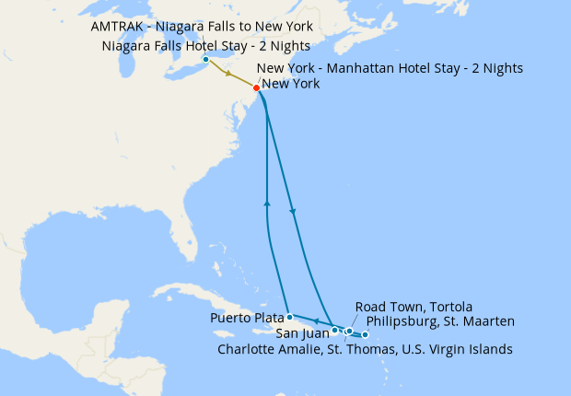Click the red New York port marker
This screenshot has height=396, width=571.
256,87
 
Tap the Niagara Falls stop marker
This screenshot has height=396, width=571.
205,61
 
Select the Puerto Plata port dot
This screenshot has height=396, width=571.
289,317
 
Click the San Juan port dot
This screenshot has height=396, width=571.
334,329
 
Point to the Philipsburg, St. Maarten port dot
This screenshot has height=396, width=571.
366,334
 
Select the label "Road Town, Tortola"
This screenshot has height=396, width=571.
414,307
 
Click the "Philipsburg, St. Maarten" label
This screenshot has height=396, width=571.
440,321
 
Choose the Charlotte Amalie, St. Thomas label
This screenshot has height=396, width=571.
365,349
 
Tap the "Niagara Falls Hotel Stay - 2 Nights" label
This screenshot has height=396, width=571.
204,46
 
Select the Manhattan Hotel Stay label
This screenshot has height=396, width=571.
390,68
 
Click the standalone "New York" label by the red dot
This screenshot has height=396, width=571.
291,84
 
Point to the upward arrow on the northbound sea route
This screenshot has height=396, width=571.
267,202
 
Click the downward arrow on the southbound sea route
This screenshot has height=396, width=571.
294,214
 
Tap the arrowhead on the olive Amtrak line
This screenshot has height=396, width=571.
227,74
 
